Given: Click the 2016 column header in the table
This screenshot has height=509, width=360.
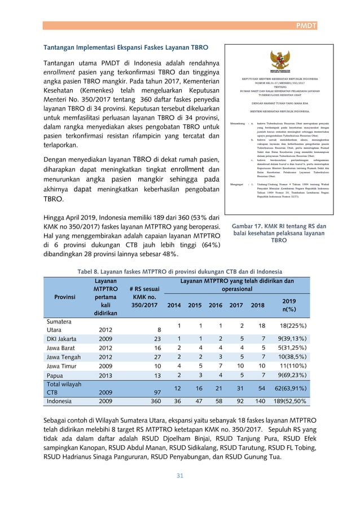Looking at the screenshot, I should [216, 305].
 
